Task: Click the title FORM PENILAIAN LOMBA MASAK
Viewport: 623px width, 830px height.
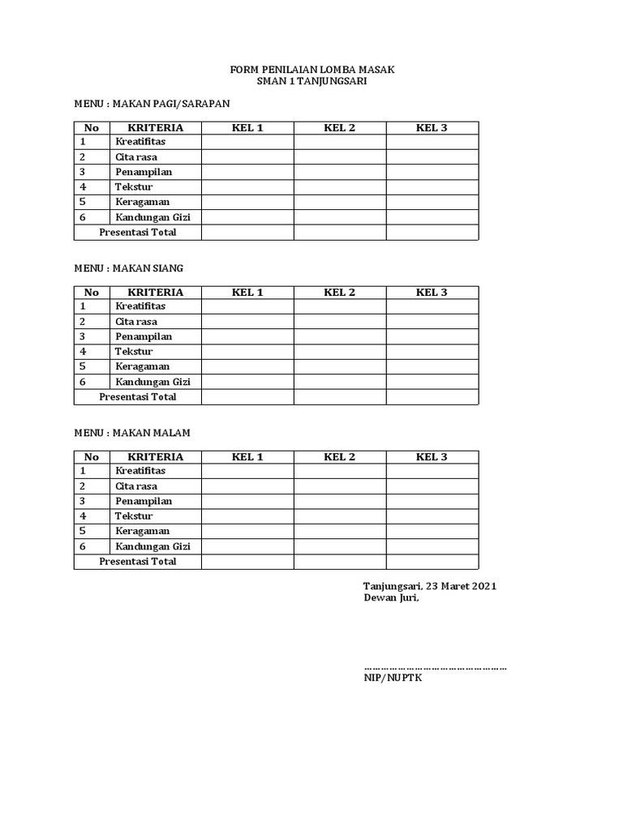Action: [312, 71]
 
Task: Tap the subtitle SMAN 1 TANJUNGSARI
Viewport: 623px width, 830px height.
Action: [312, 82]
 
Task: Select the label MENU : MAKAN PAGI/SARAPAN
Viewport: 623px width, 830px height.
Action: [153, 104]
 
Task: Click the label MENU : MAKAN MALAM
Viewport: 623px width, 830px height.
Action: [132, 433]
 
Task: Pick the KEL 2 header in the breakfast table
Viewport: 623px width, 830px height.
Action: [340, 128]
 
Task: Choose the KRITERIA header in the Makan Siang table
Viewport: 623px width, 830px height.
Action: [156, 293]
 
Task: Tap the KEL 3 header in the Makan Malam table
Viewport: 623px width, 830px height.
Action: [432, 457]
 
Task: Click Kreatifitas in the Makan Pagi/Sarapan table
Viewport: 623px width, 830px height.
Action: [140, 143]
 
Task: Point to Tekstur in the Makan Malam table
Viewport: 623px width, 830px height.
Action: [134, 516]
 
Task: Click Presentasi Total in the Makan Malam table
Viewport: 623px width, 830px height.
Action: [138, 561]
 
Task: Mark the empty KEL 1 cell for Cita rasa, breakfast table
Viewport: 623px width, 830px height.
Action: [247, 157]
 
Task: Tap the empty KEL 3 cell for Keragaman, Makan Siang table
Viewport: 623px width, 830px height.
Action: [432, 367]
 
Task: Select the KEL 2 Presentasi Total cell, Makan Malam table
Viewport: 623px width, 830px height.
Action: [340, 561]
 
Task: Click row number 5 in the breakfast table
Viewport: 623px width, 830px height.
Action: [83, 202]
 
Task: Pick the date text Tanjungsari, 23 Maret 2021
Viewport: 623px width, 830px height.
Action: [430, 586]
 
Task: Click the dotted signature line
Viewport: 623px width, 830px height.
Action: [435, 667]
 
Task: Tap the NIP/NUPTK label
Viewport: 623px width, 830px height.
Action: [393, 678]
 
